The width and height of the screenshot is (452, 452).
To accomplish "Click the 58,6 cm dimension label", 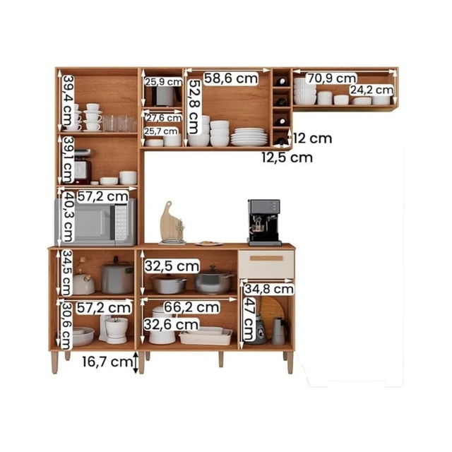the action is pos(231,78).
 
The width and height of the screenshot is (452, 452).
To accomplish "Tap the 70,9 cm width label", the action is pos(332,78).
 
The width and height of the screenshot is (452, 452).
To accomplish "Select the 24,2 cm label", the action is pos(371,90).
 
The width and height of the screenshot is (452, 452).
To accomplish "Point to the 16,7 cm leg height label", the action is pos(107,362).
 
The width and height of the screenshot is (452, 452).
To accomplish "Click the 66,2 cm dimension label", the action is pos(191,307).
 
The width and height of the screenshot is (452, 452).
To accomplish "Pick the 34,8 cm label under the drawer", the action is pos(269,289).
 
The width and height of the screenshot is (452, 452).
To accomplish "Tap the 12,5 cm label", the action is pos(287,157).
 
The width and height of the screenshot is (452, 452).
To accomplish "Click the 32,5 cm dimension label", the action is pos(172,266).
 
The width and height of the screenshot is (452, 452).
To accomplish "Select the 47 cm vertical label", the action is pos(249,319).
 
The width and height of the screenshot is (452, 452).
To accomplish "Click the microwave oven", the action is pos(96,222).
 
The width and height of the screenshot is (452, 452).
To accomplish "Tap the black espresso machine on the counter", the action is pos(264,222).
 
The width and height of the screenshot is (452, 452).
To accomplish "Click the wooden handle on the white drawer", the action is pos(266,258).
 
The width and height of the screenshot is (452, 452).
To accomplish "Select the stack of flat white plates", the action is pos(249,137).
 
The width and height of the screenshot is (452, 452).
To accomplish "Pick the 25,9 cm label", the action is pos(163,82).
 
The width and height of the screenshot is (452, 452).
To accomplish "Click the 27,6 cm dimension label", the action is pos(164,118).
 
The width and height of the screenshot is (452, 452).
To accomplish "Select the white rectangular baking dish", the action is pos(206,336).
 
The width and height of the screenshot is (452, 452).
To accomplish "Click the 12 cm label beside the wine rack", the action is pos(313,138).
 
